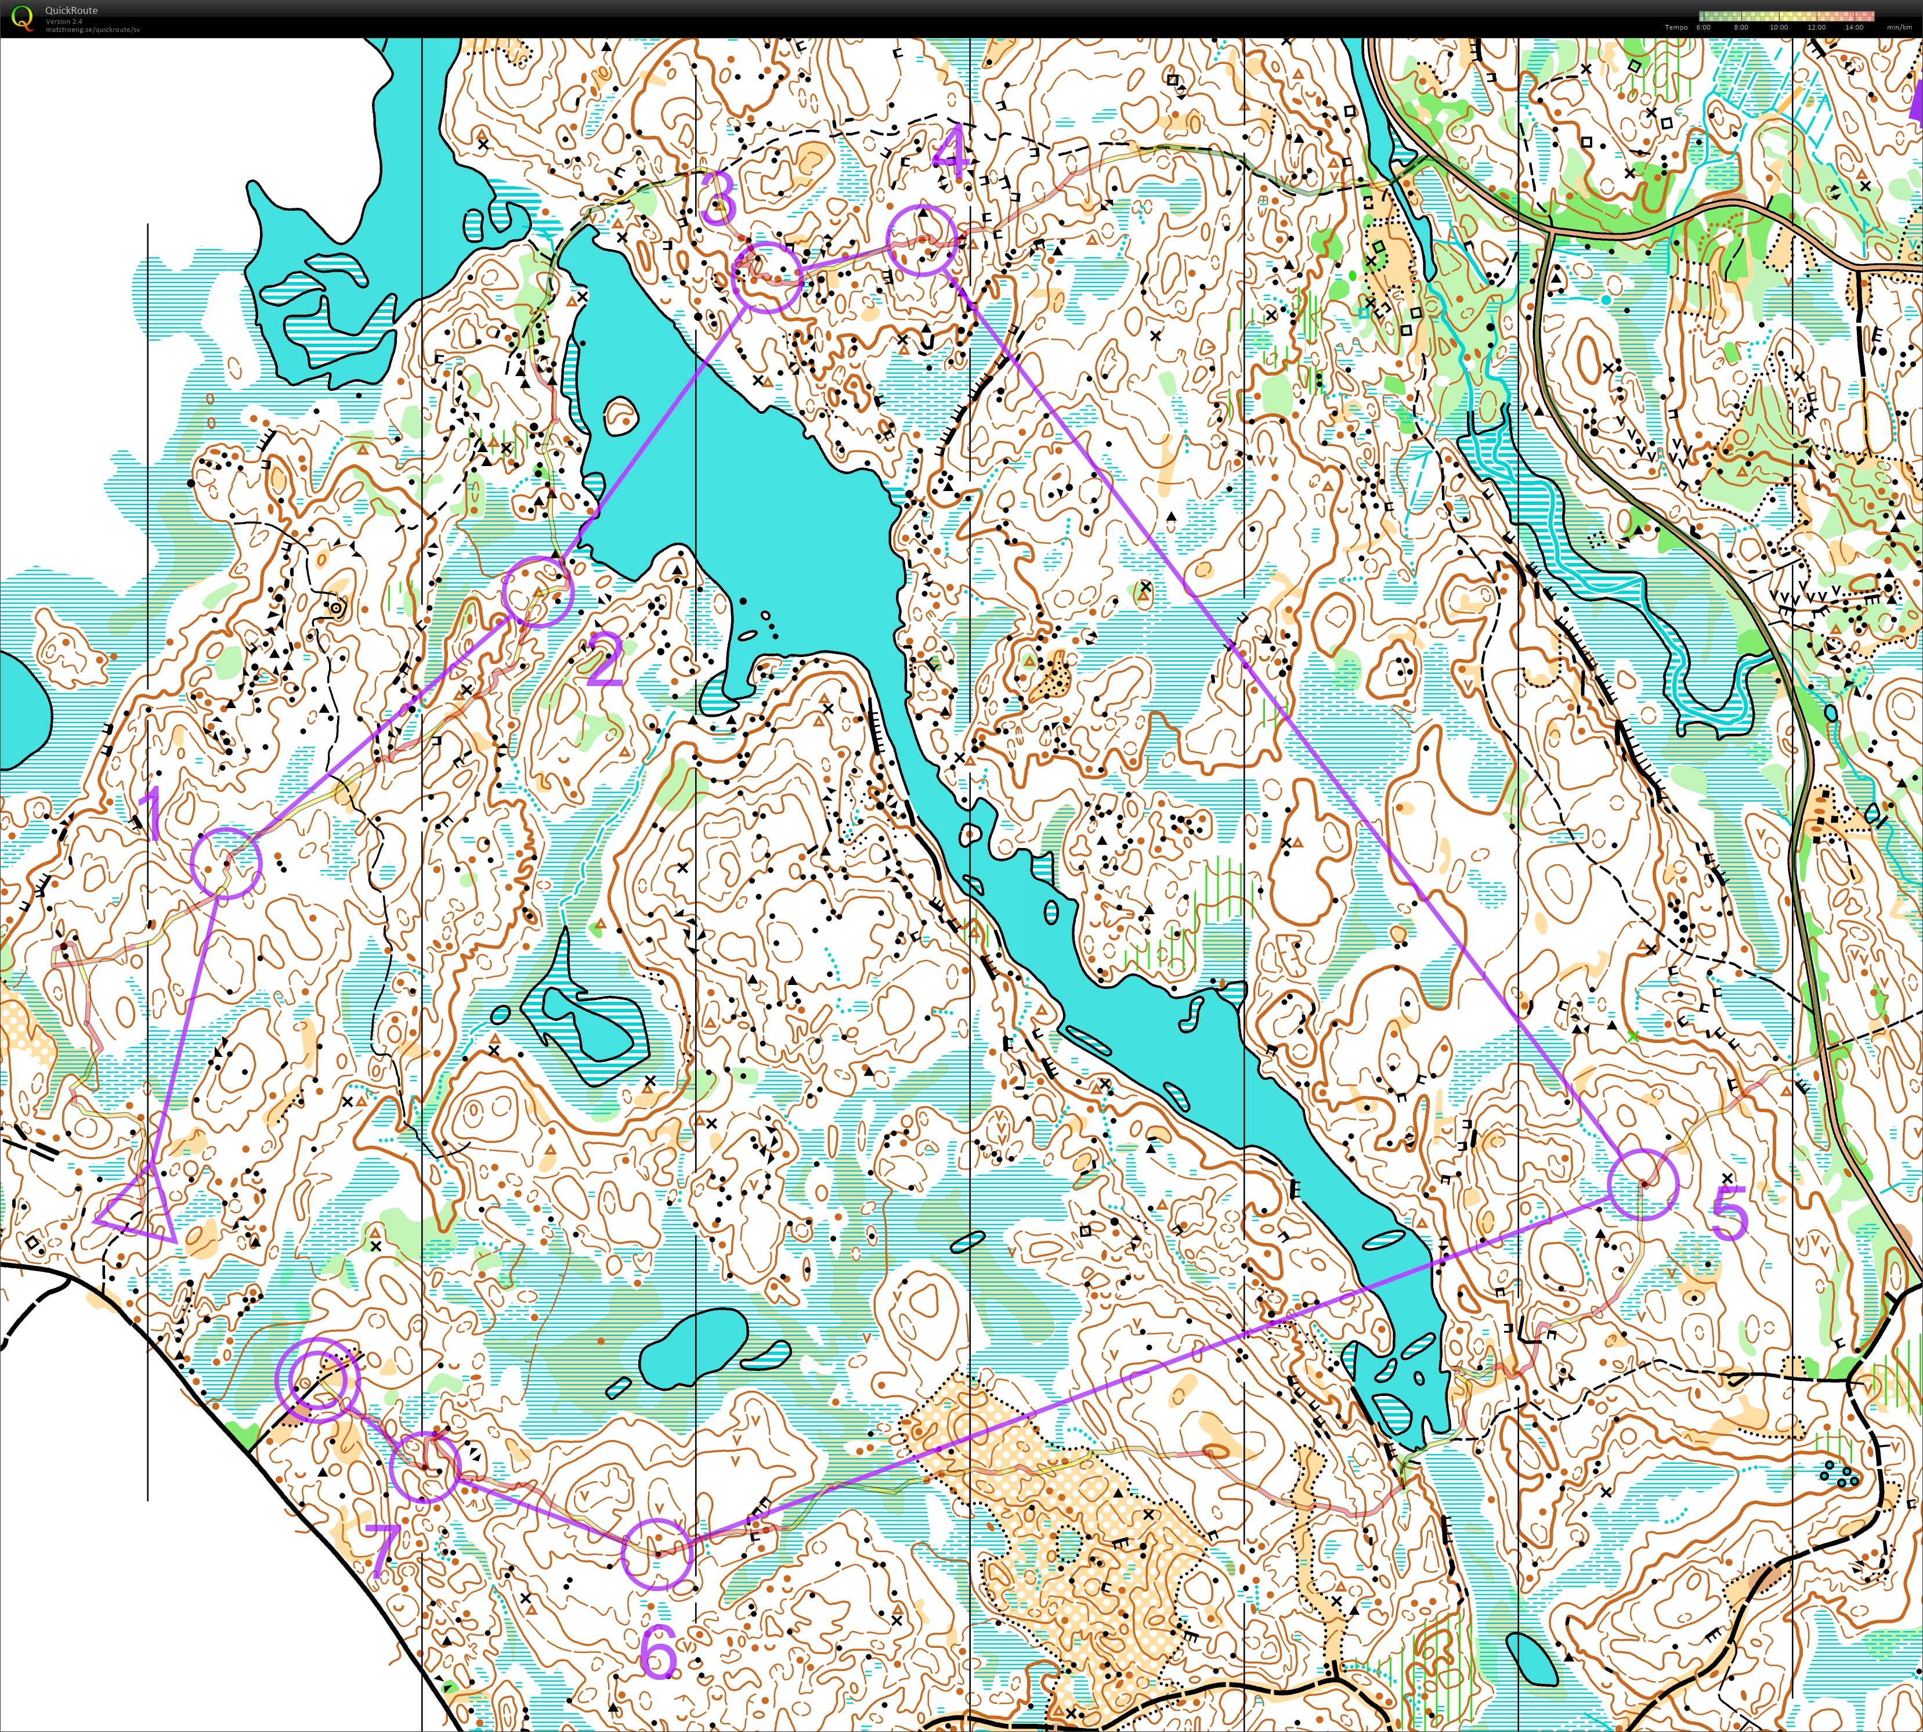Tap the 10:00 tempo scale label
point(1779,28)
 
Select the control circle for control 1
point(226,862)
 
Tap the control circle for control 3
point(767,276)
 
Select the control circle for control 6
point(656,1554)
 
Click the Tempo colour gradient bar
point(1786,16)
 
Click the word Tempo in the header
point(1676,28)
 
